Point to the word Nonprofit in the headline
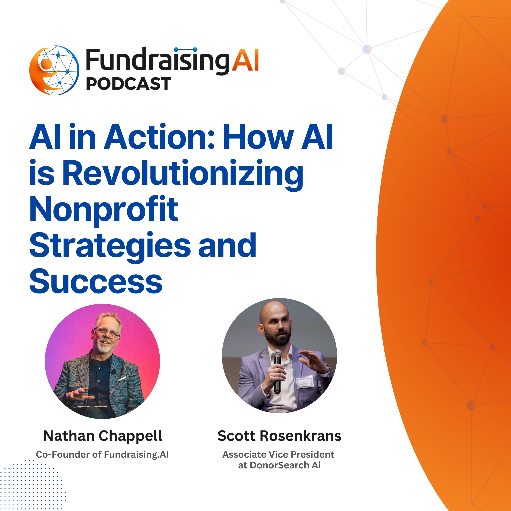pos(104,210)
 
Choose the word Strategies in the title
pos(110,245)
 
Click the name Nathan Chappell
pos(102,436)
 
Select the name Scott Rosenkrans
pos(279,436)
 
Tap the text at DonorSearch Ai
pos(279,465)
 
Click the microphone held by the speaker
pos(277,370)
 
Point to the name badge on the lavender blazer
pos(305,383)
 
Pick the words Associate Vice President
pos(278,454)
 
